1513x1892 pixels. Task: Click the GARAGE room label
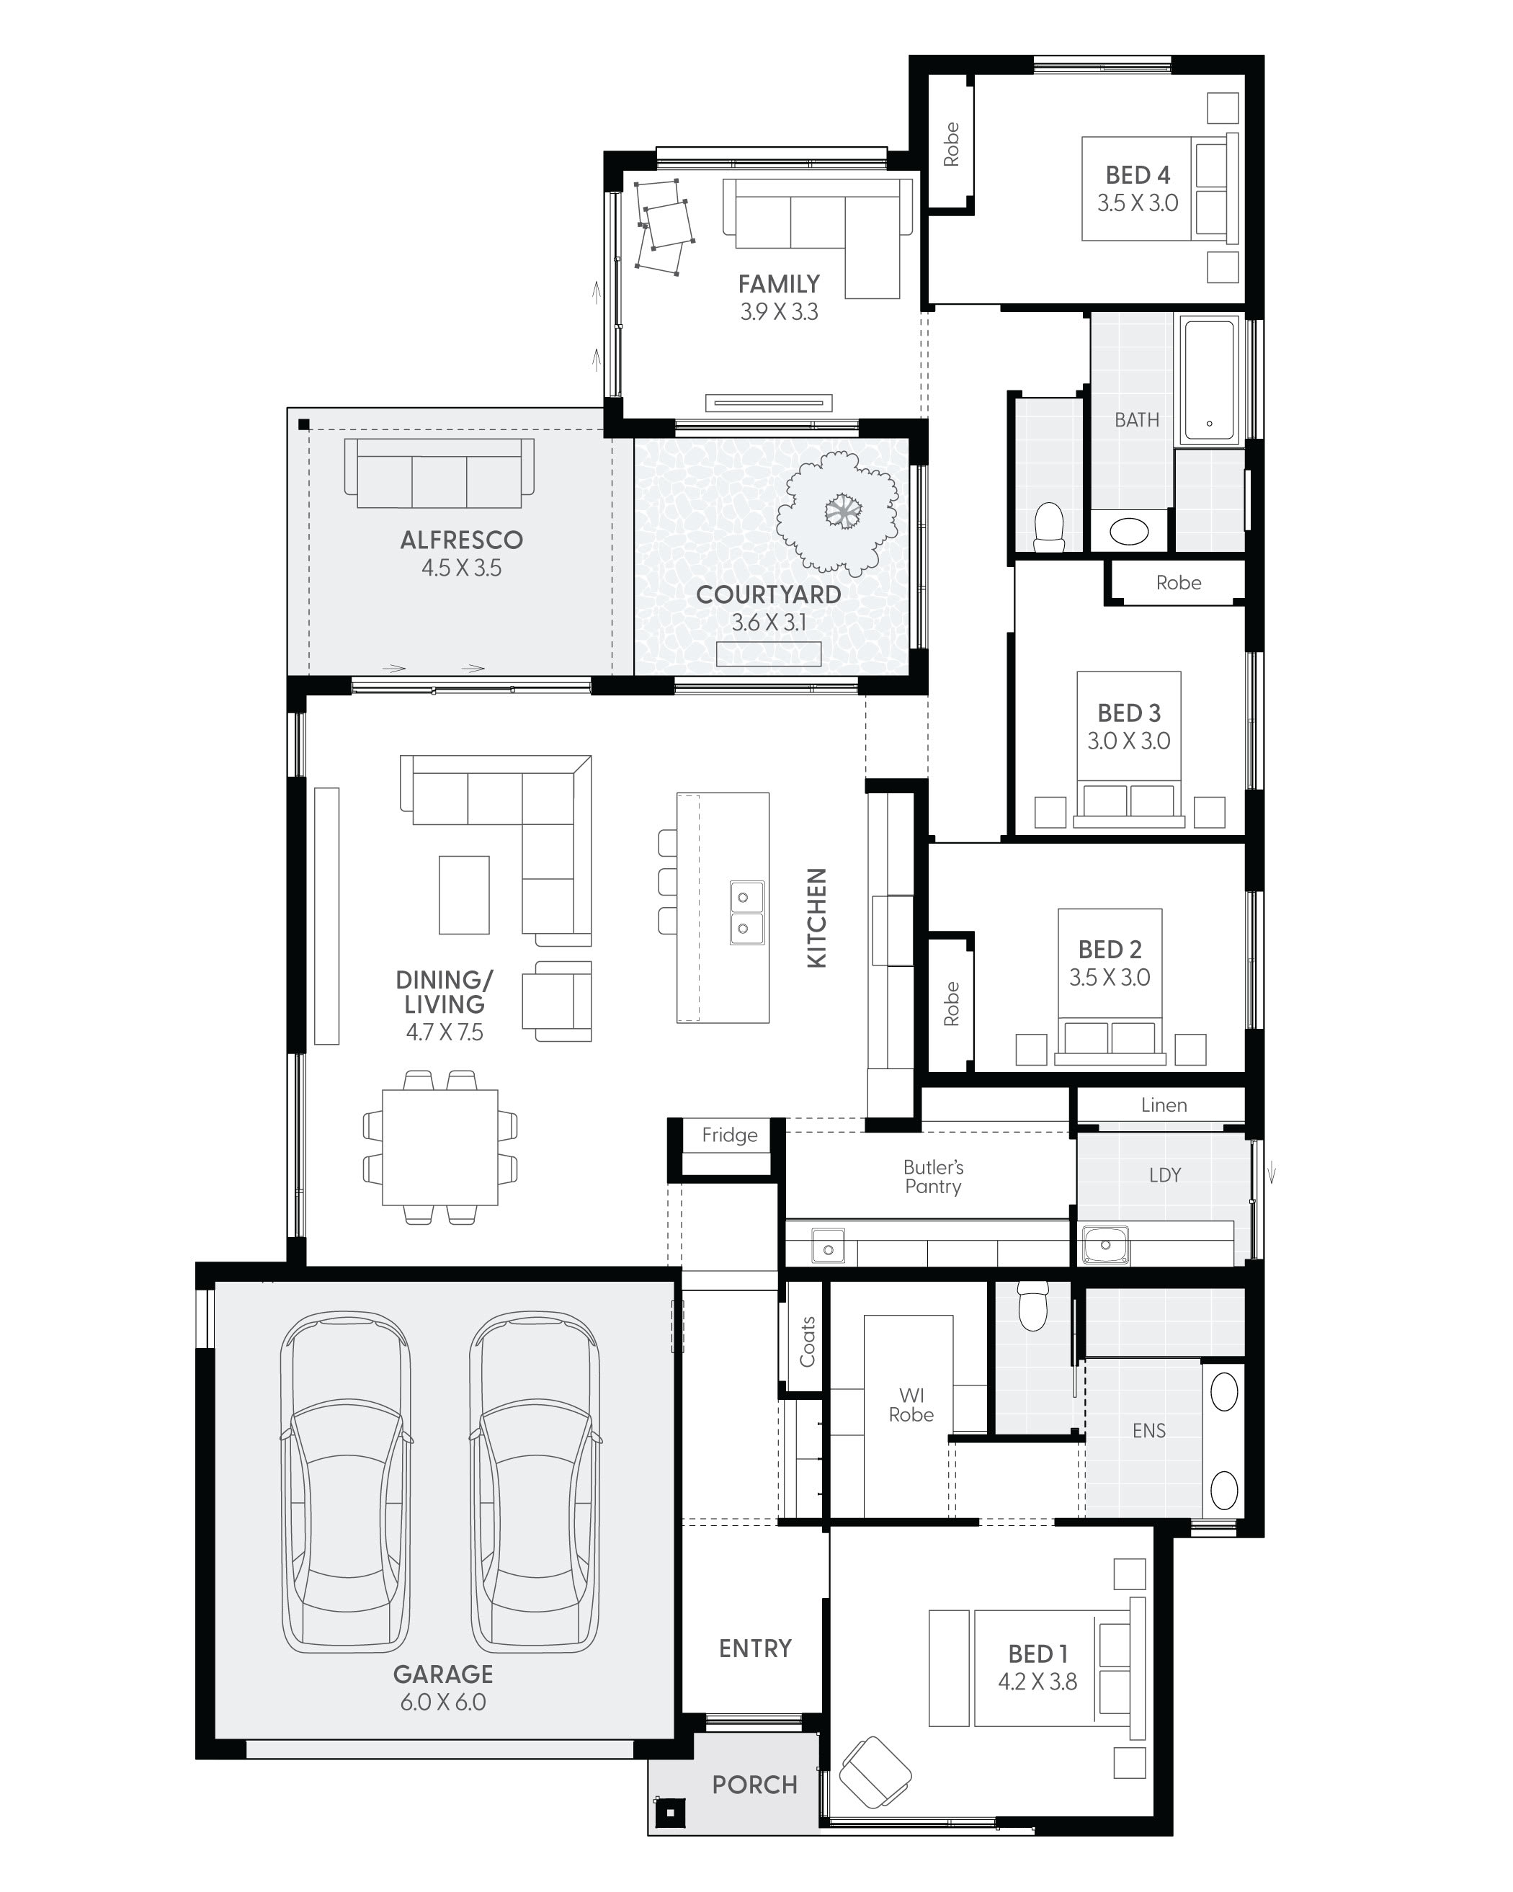point(442,1674)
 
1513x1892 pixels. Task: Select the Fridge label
point(729,1135)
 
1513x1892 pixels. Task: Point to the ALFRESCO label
point(461,540)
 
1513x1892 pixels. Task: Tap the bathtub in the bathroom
point(1210,379)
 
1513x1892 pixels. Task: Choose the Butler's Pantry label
point(933,1177)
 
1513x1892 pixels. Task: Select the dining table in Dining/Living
point(439,1147)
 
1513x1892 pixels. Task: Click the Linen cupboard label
point(1164,1105)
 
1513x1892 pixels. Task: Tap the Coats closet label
point(806,1342)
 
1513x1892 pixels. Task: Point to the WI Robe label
point(911,1405)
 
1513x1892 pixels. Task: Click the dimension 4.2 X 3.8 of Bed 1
point(1037,1682)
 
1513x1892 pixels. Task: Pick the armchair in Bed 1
point(874,1772)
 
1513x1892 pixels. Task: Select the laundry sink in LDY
point(1105,1244)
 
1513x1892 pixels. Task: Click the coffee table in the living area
point(464,895)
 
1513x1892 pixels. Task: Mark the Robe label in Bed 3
point(1178,583)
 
